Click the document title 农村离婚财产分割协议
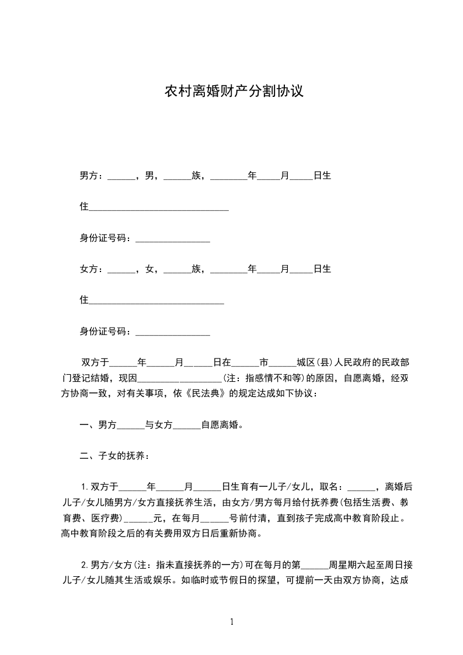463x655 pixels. pyautogui.click(x=233, y=92)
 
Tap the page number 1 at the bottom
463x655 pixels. pyautogui.click(x=232, y=621)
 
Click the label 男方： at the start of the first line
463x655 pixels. pyautogui.click(x=92, y=175)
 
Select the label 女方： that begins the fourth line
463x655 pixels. pyautogui.click(x=92, y=269)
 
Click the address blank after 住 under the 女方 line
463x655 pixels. pyautogui.click(x=156, y=301)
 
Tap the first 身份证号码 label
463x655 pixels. pyautogui.click(x=105, y=238)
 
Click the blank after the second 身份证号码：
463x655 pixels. pyautogui.click(x=172, y=333)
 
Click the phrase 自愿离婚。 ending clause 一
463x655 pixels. pyautogui.click(x=222, y=425)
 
